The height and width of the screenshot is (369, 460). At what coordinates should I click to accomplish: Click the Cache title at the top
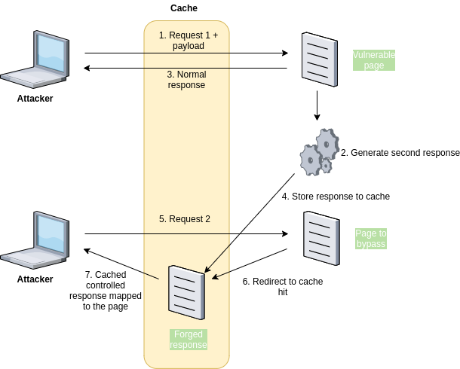pos(184,8)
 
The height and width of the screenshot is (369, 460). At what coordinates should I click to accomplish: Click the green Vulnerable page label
pos(374,60)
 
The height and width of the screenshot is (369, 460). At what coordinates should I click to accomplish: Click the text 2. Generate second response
pos(400,153)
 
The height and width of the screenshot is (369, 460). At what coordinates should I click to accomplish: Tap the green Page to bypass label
pos(371,239)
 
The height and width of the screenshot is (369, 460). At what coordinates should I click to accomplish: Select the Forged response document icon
pos(186,292)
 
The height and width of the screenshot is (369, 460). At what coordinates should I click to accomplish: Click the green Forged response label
pos(188,340)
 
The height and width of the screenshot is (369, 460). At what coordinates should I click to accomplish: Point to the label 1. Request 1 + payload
pos(188,41)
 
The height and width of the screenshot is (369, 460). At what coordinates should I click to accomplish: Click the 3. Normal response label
pos(186,80)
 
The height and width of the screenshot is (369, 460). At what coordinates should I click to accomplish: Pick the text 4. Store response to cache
pos(336,197)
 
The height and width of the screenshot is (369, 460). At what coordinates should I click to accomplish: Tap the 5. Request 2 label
pos(184,219)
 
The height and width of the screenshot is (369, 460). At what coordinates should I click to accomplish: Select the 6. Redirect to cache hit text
pos(282,287)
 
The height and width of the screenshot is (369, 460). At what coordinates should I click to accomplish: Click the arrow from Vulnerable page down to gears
pos(317,106)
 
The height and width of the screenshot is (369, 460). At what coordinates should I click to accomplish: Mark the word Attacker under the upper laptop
pos(35,99)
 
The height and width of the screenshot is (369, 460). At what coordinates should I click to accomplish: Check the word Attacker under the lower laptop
pos(35,279)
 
